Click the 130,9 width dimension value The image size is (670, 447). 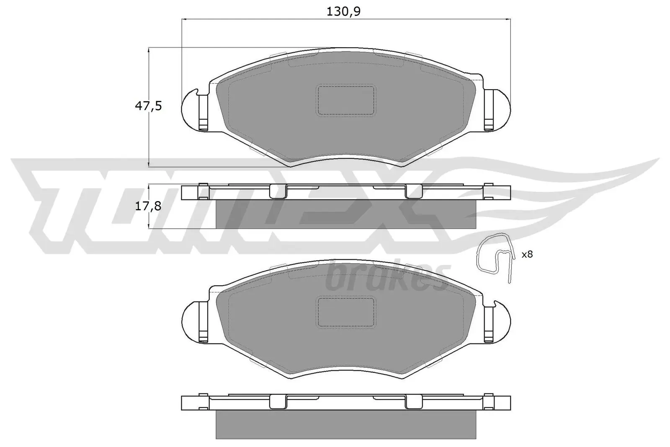pos(343,12)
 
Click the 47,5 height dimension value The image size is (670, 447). pos(148,106)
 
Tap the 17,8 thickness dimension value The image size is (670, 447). pos(148,206)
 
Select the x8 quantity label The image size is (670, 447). pos(527,254)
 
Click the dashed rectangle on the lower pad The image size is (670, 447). pos(346,312)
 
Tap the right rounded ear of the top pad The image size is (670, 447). pos(502,111)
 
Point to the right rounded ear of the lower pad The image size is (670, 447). pos(502,323)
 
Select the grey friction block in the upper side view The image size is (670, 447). pos(346,214)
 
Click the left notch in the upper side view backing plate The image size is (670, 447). pos(276,192)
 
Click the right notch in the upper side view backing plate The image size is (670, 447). pos(413,192)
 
